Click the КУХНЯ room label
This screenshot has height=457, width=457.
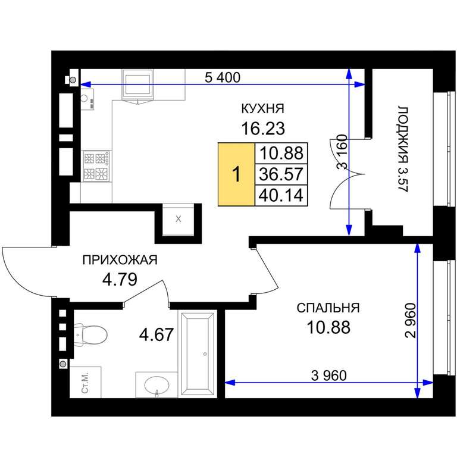pyautogui.click(x=262, y=108)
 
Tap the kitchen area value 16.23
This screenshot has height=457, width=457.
pyautogui.click(x=263, y=129)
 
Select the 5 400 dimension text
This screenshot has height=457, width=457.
pyautogui.click(x=223, y=77)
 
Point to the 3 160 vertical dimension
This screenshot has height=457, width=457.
pyautogui.click(x=342, y=152)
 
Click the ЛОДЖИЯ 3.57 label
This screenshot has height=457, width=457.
pyautogui.click(x=403, y=149)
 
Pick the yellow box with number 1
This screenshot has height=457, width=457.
pyautogui.click(x=236, y=174)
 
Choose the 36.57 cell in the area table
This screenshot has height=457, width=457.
pyautogui.click(x=281, y=174)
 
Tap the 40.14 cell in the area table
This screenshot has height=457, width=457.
pyautogui.click(x=281, y=195)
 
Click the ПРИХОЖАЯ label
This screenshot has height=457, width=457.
pyautogui.click(x=120, y=259)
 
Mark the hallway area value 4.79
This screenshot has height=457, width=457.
pyautogui.click(x=120, y=279)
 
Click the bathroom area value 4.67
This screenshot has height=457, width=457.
pyautogui.click(x=156, y=334)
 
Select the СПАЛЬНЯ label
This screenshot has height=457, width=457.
pyautogui.click(x=328, y=308)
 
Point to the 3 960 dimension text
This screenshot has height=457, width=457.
pyautogui.click(x=328, y=375)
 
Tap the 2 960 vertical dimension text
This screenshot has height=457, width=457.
pyautogui.click(x=410, y=320)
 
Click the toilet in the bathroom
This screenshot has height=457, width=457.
pyautogui.click(x=90, y=335)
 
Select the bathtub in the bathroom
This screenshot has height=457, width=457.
pyautogui.click(x=198, y=354)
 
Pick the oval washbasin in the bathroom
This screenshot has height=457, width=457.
pyautogui.click(x=157, y=386)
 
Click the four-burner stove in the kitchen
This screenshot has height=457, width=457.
pyautogui.click(x=96, y=166)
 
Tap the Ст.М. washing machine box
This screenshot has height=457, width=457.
pyautogui.click(x=86, y=382)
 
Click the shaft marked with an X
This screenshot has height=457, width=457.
pyautogui.click(x=179, y=219)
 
